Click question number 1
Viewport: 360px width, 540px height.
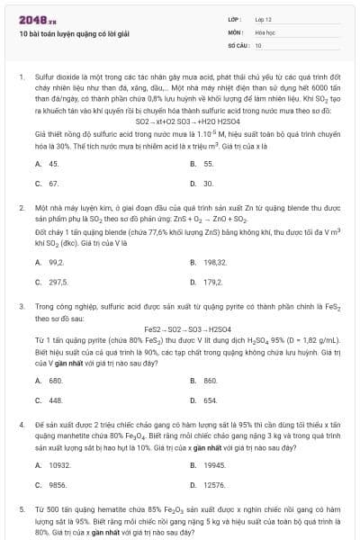pyautogui.click(x=21, y=78)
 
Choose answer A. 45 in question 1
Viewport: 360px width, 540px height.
pyautogui.click(x=48, y=164)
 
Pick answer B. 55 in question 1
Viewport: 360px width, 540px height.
pyautogui.click(x=202, y=164)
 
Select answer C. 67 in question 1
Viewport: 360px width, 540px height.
pyautogui.click(x=48, y=183)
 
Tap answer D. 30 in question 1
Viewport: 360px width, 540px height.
pyautogui.click(x=202, y=183)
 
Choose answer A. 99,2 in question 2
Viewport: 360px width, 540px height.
pyautogui.click(x=50, y=262)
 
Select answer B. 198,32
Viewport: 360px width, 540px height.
pyautogui.click(x=208, y=262)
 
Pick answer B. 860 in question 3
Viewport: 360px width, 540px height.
pyautogui.click(x=204, y=381)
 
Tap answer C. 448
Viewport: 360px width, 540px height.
pyautogui.click(x=49, y=400)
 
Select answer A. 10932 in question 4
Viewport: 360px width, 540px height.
pyautogui.click(x=53, y=464)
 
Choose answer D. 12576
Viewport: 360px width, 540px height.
pyautogui.click(x=208, y=484)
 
